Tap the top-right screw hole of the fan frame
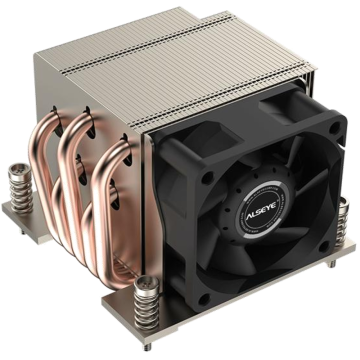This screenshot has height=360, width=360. pos(335,128)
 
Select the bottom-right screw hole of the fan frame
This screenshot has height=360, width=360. pos(323,247)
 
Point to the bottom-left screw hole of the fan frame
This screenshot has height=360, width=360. pos(204,299)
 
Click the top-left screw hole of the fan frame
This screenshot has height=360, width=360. pos(207,178)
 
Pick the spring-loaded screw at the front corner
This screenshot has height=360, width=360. pos(147,303)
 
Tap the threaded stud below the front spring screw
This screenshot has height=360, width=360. pos(147,347)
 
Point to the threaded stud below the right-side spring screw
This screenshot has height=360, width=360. pos(332,264)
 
